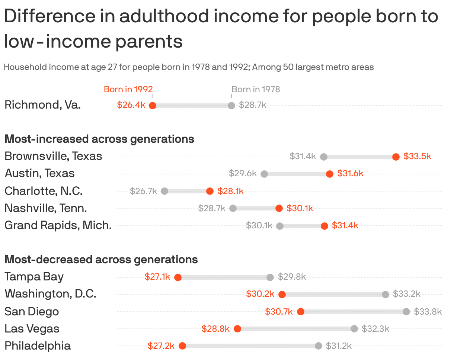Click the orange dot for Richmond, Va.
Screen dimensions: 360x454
(152, 105)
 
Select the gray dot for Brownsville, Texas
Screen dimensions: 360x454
(324, 157)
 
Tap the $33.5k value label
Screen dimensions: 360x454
(417, 156)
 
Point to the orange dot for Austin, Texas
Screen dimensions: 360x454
(330, 174)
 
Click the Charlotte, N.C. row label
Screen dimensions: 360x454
(44, 191)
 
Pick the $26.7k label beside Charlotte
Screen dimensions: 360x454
(143, 191)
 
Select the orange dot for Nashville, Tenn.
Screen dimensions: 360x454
(279, 208)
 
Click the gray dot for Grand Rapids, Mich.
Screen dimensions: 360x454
(280, 225)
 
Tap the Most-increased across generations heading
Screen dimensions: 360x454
(99, 139)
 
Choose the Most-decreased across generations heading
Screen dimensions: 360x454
(101, 259)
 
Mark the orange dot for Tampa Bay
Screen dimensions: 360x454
(178, 277)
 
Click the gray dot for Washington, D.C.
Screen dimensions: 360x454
(386, 294)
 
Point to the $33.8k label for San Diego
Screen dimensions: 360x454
(428, 311)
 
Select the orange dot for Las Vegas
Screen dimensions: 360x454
(237, 329)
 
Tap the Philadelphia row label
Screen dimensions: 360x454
(38, 345)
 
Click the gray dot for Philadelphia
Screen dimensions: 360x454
(319, 346)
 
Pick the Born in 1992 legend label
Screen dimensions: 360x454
(128, 89)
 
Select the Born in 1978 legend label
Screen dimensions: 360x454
(256, 89)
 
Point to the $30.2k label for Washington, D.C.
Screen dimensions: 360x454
(260, 294)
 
